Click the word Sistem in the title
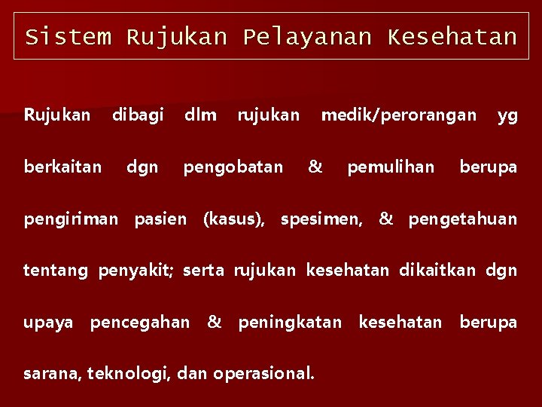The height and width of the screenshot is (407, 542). pyautogui.click(x=68, y=37)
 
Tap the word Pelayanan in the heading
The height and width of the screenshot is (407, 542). pyautogui.click(x=307, y=37)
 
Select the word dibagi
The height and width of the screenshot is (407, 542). pyautogui.click(x=138, y=115)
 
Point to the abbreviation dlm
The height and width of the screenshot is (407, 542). pyautogui.click(x=200, y=115)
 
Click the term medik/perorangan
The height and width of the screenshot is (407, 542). pyautogui.click(x=399, y=115)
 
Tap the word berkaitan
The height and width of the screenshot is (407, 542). pyautogui.click(x=62, y=167)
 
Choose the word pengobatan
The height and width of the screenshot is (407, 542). pyautogui.click(x=233, y=167)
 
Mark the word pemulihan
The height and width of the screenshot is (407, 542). pyautogui.click(x=391, y=167)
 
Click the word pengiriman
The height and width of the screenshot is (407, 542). pyautogui.click(x=71, y=219)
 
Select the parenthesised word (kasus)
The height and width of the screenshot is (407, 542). pyautogui.click(x=233, y=219)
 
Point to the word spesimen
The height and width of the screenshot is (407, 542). pyautogui.click(x=321, y=219)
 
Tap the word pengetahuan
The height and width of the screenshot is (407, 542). pyautogui.click(x=462, y=219)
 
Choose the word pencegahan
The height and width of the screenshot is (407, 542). pyautogui.click(x=140, y=323)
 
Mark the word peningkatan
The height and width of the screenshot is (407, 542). pyautogui.click(x=290, y=323)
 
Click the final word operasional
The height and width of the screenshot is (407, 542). pyautogui.click(x=263, y=372)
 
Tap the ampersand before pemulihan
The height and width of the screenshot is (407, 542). pyautogui.click(x=315, y=167)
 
